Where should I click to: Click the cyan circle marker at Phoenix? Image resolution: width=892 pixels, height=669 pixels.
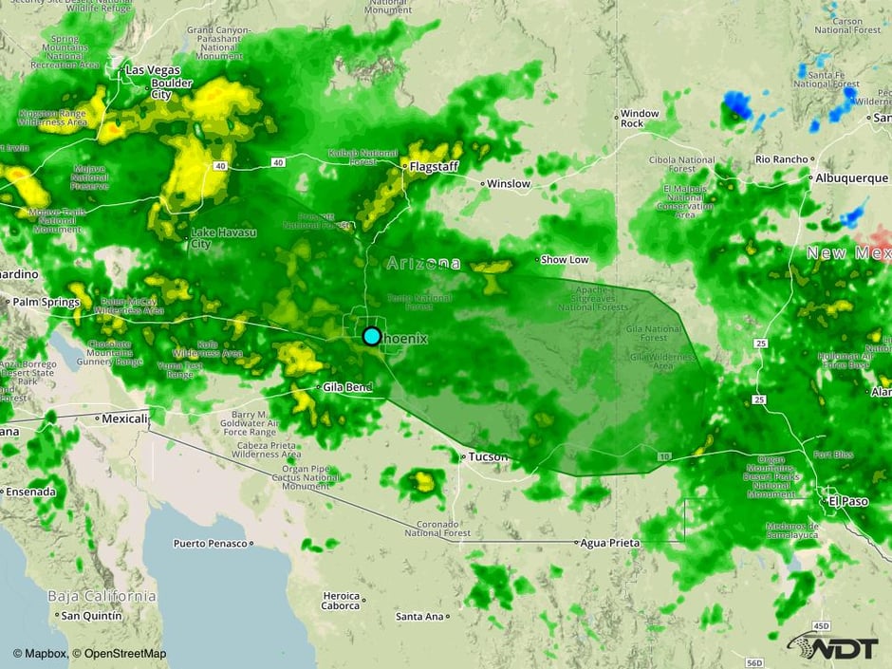click(x=372, y=336)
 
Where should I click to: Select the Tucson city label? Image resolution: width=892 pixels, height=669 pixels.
click(x=488, y=457)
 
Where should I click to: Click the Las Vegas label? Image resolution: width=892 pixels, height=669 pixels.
click(x=153, y=70)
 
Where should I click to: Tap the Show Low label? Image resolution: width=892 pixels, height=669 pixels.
click(x=566, y=259)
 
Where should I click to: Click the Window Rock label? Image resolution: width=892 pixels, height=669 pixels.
click(x=639, y=119)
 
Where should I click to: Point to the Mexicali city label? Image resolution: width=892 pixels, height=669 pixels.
click(x=125, y=418)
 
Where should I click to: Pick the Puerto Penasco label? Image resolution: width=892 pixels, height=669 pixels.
click(x=210, y=544)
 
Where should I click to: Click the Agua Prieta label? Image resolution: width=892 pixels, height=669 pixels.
click(x=610, y=542)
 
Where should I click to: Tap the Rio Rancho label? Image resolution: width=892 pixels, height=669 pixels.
click(x=782, y=158)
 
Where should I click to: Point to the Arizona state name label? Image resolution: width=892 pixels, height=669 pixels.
click(x=423, y=264)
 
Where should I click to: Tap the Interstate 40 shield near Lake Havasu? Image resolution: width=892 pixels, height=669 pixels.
click(x=220, y=165)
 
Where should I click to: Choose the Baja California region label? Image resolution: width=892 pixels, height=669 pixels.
click(x=102, y=596)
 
